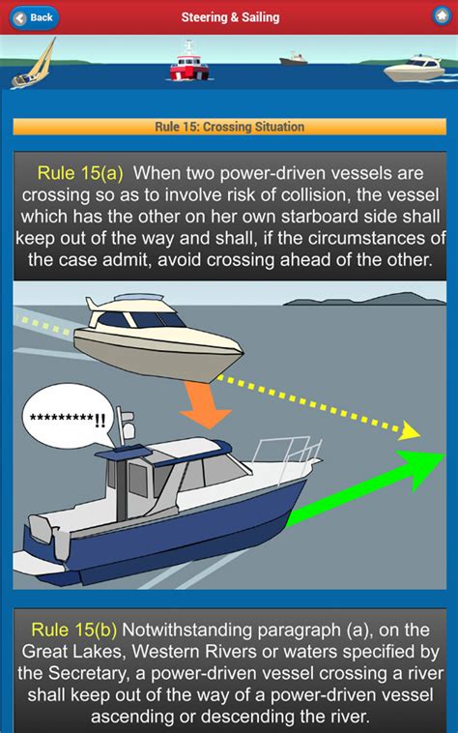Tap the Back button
pyautogui.click(x=34, y=17)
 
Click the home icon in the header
pyautogui.click(x=441, y=17)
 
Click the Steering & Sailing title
pyautogui.click(x=230, y=17)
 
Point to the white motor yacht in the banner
pyautogui.click(x=414, y=69)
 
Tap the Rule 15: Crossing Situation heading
pyautogui.click(x=229, y=127)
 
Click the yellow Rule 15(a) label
pyautogui.click(x=80, y=173)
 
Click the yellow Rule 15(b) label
pyautogui.click(x=75, y=630)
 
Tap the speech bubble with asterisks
pyautogui.click(x=68, y=418)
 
